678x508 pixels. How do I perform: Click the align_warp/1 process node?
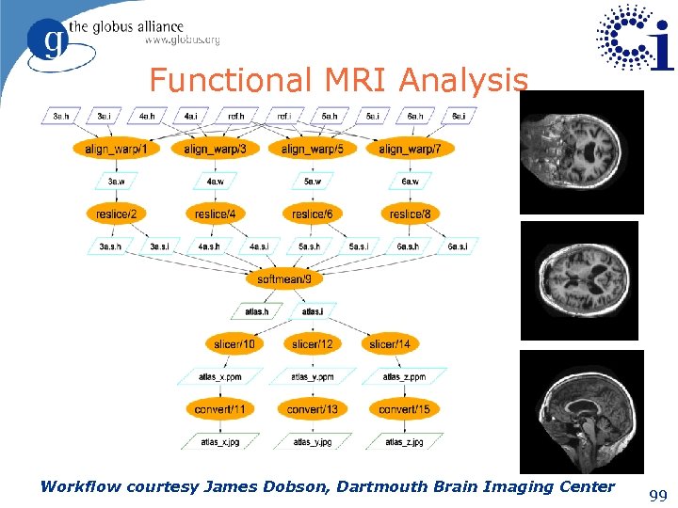(x=116, y=149)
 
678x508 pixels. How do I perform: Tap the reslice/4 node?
(x=215, y=214)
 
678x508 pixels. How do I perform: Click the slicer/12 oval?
(x=312, y=344)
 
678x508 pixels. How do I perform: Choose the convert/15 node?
(x=404, y=409)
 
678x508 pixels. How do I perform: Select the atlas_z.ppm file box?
(x=404, y=377)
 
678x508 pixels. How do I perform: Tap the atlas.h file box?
(x=257, y=311)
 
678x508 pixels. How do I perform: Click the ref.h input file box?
(x=235, y=117)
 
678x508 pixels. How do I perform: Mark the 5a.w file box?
(x=314, y=182)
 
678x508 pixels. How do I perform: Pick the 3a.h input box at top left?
(x=61, y=117)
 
